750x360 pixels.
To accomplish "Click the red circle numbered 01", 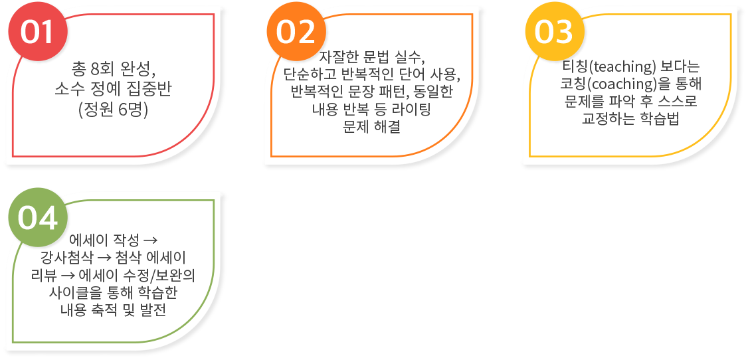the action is point(39,32).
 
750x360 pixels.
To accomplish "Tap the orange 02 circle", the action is point(296,32).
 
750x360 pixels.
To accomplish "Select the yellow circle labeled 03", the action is point(555,32).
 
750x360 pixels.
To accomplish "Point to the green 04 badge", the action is point(39,218).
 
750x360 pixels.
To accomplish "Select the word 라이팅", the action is point(415,110).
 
